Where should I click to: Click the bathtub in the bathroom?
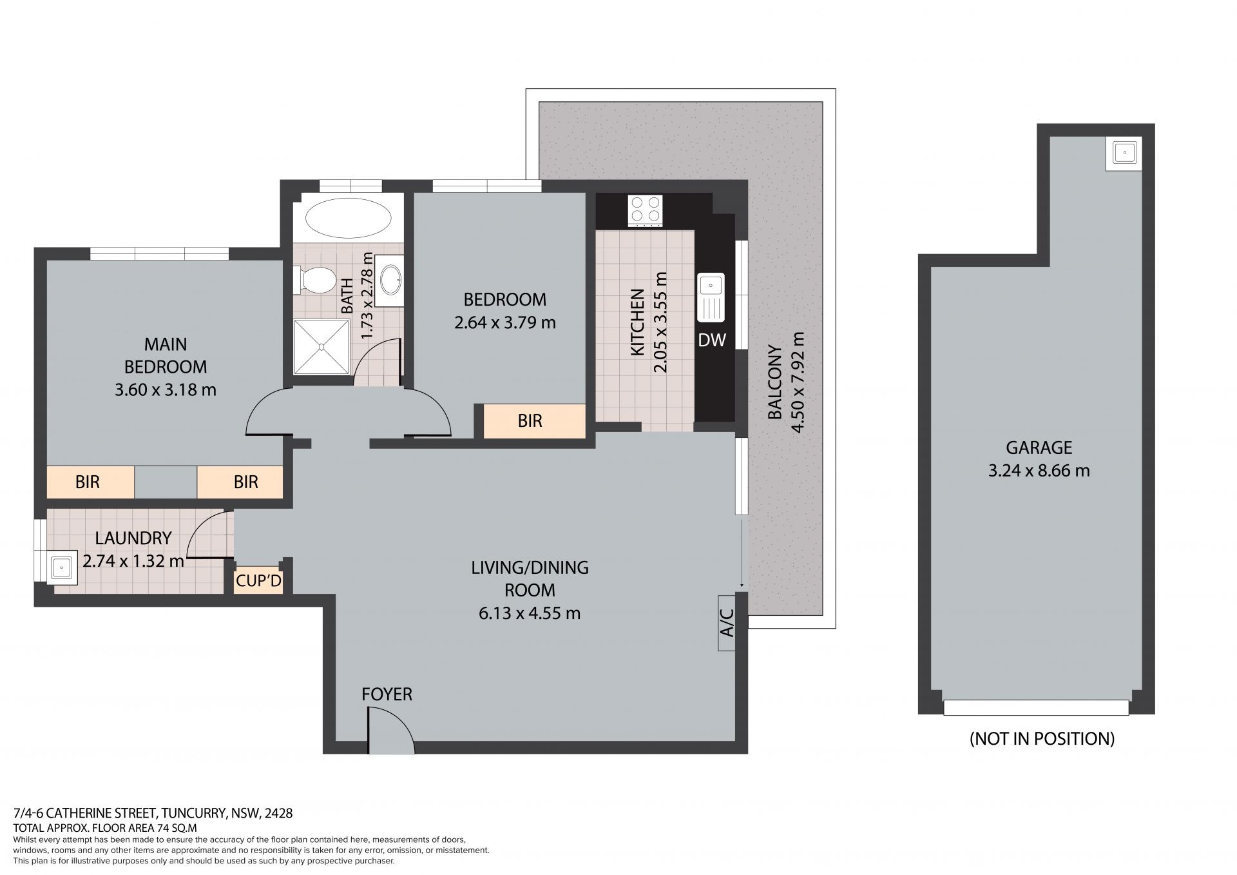coord(348,217)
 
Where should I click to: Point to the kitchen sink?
coord(711,297)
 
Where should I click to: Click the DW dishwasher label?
coord(712,340)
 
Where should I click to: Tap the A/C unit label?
coord(726,622)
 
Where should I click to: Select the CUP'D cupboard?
coord(258,581)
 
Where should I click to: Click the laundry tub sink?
coord(61,567)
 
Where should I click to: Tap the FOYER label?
coord(387,694)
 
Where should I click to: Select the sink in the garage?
coord(1124,153)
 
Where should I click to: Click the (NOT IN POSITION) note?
coord(1042,738)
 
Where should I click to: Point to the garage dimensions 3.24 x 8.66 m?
coord(1039,471)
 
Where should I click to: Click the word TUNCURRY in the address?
coord(193,813)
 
